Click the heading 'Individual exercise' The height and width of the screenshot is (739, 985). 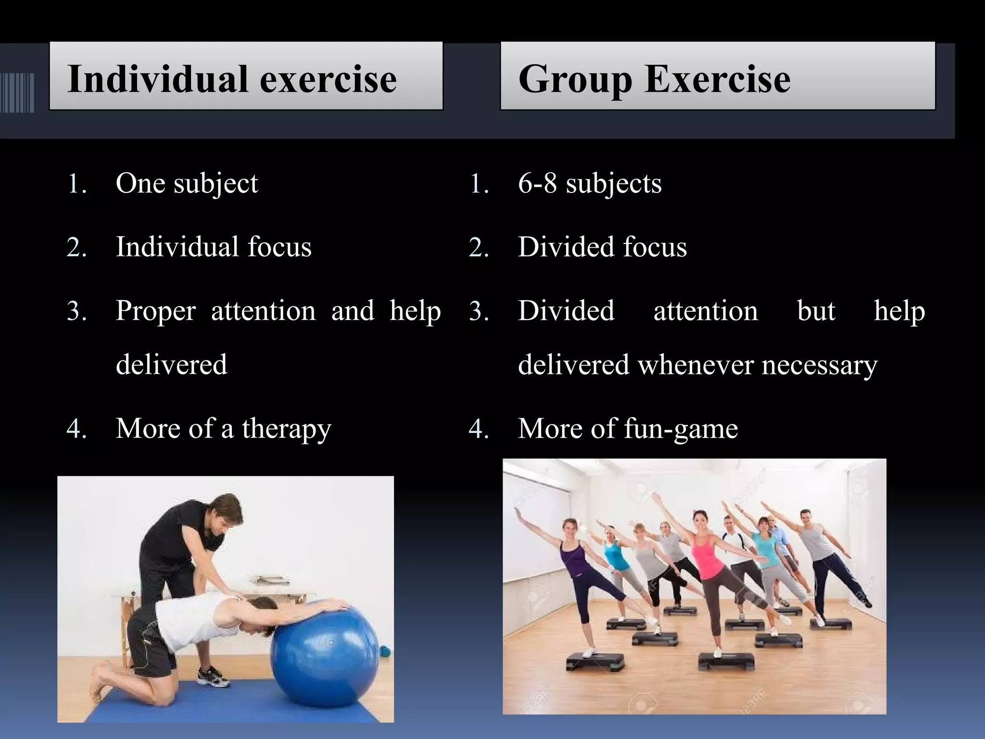(x=232, y=79)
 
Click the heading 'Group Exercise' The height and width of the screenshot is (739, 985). (x=654, y=79)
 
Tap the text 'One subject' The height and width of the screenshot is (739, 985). (x=187, y=183)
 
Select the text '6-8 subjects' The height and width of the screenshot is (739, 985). (x=590, y=183)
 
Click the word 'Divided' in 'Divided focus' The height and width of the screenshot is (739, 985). (x=566, y=247)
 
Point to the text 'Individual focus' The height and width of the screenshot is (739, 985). (x=214, y=247)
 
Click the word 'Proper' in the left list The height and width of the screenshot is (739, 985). (x=156, y=311)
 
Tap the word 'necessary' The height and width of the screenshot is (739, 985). (x=820, y=365)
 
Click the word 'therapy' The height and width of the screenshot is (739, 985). (x=287, y=428)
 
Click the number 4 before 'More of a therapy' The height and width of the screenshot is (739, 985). (x=76, y=428)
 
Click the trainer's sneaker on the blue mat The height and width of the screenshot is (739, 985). (x=213, y=676)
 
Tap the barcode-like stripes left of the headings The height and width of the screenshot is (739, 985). (x=17, y=92)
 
